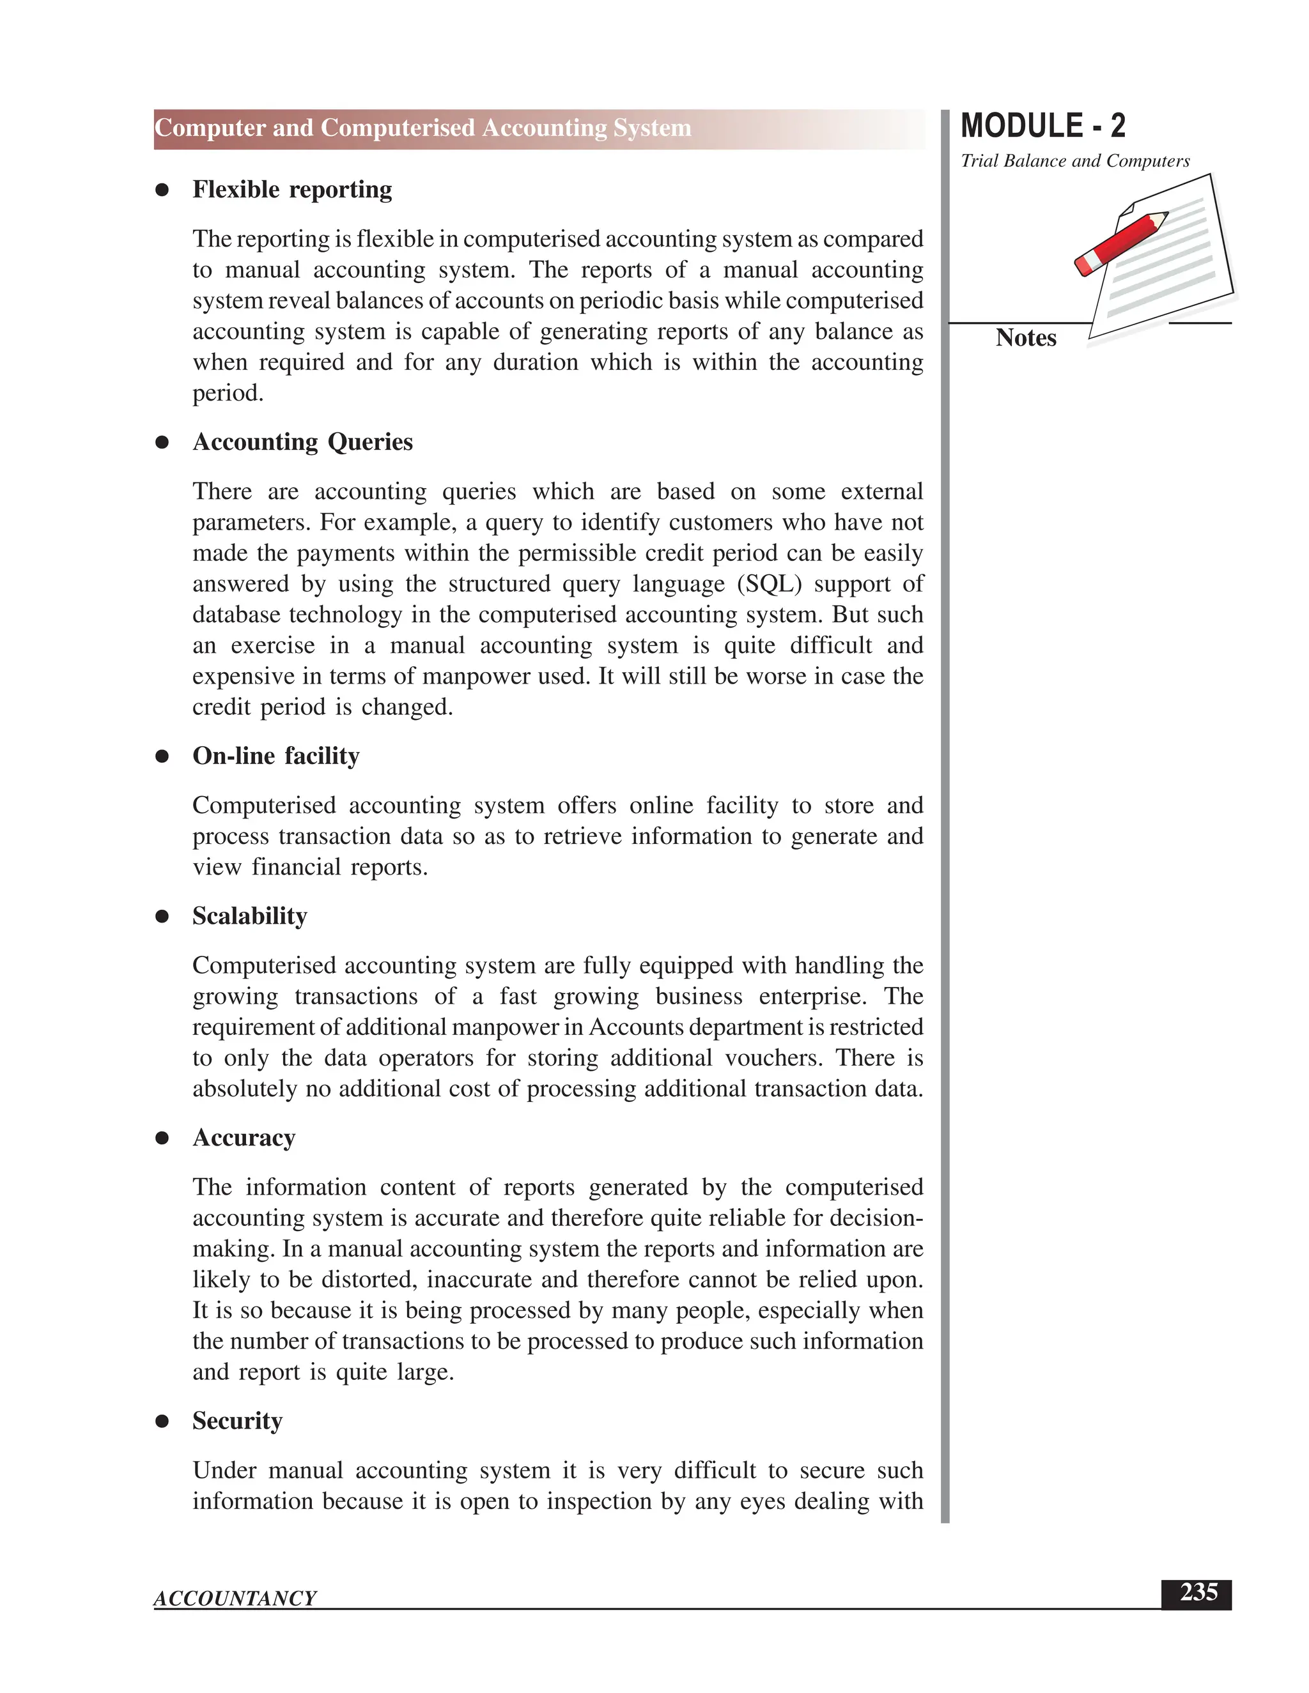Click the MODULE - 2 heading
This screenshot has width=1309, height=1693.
coord(1042,126)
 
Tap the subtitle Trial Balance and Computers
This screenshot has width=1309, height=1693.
coord(1075,161)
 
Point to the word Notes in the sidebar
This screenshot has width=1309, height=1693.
coord(1025,338)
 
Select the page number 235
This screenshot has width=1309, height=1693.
coord(1198,1593)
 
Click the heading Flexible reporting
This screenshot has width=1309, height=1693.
coord(291,190)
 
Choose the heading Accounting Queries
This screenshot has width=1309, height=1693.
coord(302,442)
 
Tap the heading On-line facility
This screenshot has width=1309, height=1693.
coord(275,756)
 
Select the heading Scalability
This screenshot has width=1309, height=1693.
coord(250,916)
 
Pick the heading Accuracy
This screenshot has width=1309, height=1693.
coord(244,1138)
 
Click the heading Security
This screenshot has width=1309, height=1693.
coord(237,1421)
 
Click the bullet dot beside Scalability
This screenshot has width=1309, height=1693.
coord(162,917)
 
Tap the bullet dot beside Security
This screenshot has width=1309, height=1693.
coord(162,1421)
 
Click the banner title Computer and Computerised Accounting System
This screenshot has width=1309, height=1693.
coord(422,128)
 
